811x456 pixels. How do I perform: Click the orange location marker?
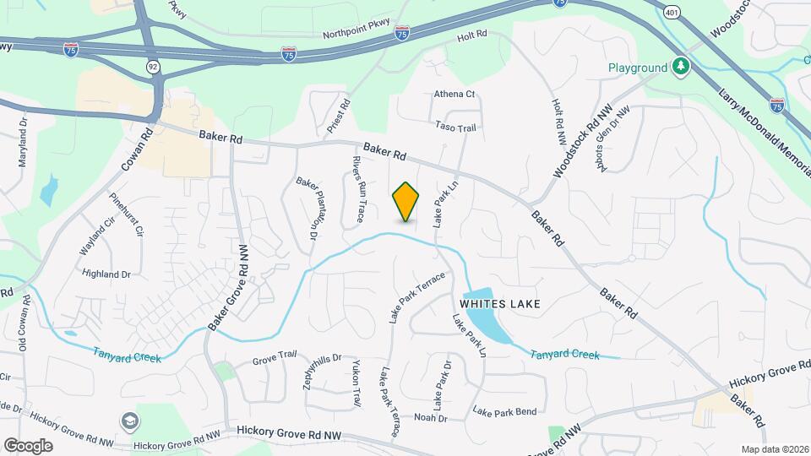click(x=406, y=202)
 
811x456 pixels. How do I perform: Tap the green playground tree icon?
click(x=680, y=67)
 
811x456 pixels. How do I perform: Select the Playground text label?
click(x=639, y=68)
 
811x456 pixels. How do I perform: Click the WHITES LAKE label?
click(x=499, y=302)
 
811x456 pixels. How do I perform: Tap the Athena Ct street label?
click(x=455, y=95)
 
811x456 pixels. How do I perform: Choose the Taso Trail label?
click(x=456, y=127)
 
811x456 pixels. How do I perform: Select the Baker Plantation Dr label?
click(x=306, y=209)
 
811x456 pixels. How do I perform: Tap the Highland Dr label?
click(x=106, y=274)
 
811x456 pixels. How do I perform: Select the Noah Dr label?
click(x=430, y=417)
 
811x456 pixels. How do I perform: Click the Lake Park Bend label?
click(x=504, y=412)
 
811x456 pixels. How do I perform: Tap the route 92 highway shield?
click(x=152, y=64)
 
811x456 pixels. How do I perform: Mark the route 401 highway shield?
click(x=672, y=13)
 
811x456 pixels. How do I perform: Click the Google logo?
click(x=28, y=446)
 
